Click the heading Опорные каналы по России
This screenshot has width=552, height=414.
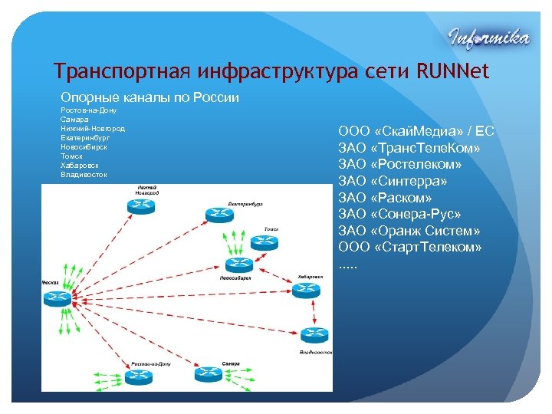point(149,97)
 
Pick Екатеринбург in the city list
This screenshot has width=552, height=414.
point(86,137)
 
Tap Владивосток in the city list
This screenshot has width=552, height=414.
point(84,174)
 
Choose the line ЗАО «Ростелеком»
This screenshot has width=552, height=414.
point(400,164)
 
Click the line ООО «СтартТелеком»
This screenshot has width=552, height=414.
point(410,247)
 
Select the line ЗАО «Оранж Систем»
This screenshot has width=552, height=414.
point(409,231)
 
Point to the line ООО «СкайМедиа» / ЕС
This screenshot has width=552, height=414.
point(416,131)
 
